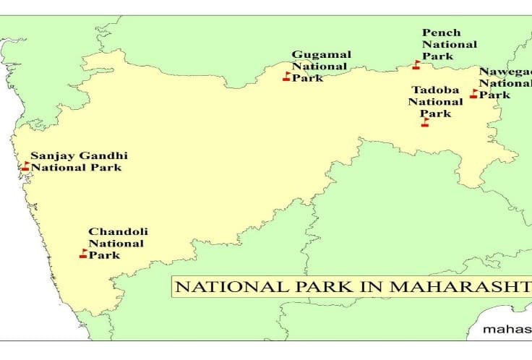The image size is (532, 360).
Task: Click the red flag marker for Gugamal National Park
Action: (x=286, y=77)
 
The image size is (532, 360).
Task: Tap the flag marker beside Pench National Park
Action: (x=416, y=65)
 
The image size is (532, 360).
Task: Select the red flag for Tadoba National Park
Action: (x=425, y=122)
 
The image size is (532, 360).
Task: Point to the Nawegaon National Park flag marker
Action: (x=474, y=94)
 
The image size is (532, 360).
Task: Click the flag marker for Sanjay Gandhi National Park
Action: (x=25, y=166)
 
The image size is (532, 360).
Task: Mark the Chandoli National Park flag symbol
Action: (x=84, y=254)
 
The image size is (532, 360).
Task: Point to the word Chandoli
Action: (x=113, y=231)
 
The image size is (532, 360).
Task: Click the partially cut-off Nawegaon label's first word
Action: (x=505, y=72)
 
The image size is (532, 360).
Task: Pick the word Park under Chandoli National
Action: (x=105, y=255)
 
